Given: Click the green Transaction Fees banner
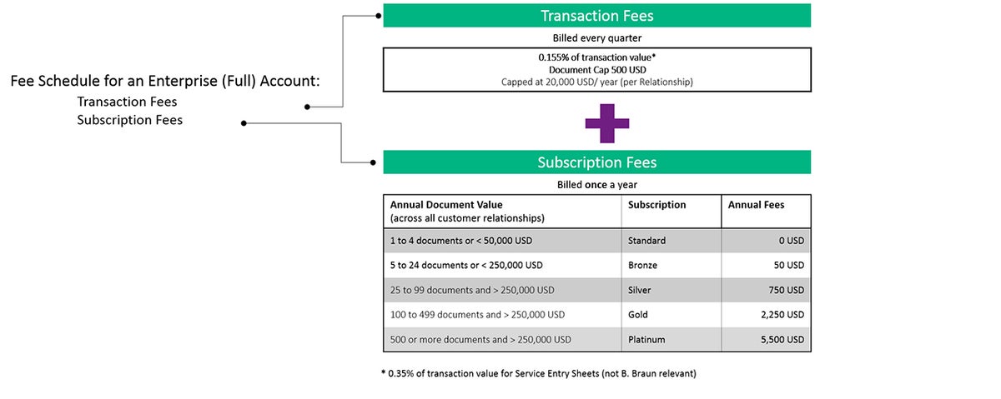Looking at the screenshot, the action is point(596,16).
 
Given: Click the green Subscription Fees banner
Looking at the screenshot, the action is point(596,162).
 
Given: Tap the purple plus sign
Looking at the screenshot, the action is point(607,123).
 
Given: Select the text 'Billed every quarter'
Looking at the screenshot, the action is point(597,38).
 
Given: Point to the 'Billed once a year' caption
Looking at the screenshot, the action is point(597,185).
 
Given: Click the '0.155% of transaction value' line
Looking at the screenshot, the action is point(597,57).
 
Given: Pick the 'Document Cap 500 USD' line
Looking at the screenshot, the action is point(597,70).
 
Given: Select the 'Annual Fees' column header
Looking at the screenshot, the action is point(756,205).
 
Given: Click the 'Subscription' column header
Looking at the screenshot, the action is point(656,205).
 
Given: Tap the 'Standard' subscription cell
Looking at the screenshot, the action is point(646,241).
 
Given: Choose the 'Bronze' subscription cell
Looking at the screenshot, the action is point(642,265).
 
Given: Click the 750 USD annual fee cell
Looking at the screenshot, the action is point(786,290).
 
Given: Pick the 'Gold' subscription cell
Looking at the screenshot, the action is point(637,315).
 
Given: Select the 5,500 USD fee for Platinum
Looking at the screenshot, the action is point(782,340).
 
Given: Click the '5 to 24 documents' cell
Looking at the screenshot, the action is point(466,265).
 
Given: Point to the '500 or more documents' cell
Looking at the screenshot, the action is point(480,340).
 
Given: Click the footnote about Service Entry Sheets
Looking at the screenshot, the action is point(539,373).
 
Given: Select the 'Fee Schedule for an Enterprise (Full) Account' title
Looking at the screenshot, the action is point(165,81).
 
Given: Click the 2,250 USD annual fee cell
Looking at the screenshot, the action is point(782,315).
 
